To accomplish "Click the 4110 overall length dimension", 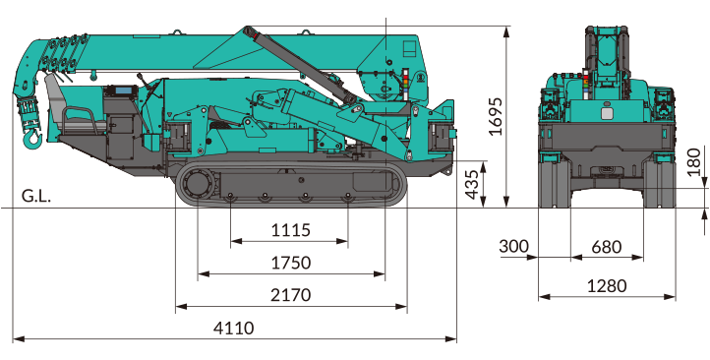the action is (234, 328).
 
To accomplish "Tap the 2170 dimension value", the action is (291, 295).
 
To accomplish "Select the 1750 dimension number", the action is (291, 263).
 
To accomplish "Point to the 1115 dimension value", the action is (291, 230).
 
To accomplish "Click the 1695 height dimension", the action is (496, 116).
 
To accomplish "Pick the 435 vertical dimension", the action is (472, 184).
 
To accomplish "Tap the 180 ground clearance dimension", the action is (693, 161).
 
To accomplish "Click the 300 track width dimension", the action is (513, 247).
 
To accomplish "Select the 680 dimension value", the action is (607, 247).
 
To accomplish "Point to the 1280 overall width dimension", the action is (607, 286).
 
